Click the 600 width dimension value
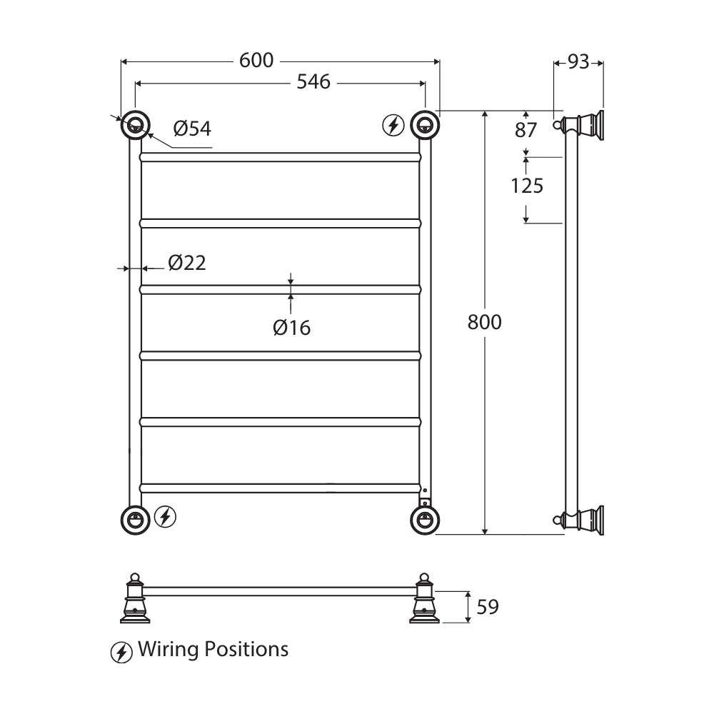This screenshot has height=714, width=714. pos(256,61)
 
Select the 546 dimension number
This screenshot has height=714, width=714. pos(313,83)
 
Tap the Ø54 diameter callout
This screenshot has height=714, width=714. pos(192,129)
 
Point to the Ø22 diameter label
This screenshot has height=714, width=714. pos(187,263)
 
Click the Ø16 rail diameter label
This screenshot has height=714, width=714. pos(291,328)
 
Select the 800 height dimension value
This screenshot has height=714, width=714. pos(485,323)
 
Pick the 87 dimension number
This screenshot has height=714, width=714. pos(526,131)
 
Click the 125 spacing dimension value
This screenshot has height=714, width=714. pos(527,186)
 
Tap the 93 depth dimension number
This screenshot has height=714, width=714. pos(578,63)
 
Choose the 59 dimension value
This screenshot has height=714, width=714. pos(488,608)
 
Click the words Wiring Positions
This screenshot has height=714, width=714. pos(213,650)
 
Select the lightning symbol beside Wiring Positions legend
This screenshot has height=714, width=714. pos(121,652)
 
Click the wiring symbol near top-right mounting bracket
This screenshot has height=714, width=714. pos(393,126)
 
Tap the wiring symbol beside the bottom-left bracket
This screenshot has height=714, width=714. pos(166,516)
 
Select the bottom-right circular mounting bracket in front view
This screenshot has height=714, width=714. pos(425,520)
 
